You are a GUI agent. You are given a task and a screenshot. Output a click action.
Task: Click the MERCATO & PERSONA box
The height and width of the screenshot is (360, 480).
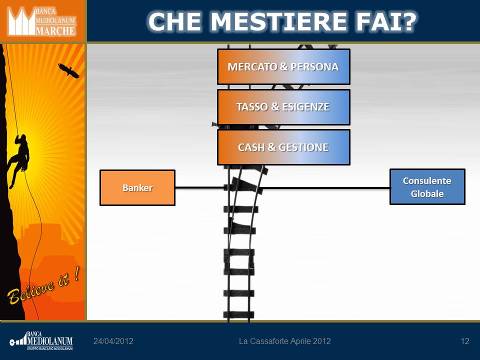(x=283, y=66)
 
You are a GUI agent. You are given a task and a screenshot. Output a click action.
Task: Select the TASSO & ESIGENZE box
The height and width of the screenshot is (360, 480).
(x=283, y=107)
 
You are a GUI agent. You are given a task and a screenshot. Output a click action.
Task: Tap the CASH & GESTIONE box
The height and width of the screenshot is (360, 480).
(x=283, y=147)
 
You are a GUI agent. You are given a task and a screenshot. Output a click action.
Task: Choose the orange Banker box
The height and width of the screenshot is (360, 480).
(x=137, y=187)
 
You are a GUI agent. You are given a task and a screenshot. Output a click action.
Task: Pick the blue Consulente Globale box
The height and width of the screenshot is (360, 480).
(x=427, y=186)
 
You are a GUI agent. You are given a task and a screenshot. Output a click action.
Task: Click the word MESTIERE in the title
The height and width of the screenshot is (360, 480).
(x=279, y=21)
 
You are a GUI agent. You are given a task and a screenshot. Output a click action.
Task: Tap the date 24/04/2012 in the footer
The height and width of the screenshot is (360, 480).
(x=113, y=341)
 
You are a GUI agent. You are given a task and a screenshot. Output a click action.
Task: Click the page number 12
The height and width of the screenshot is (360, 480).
(x=464, y=341)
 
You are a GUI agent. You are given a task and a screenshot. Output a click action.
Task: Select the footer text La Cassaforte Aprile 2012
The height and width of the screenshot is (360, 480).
(x=284, y=341)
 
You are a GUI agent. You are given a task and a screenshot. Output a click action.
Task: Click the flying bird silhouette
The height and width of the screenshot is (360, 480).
(x=68, y=70)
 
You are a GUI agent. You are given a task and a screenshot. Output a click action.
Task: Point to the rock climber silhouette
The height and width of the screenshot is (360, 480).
(x=19, y=160)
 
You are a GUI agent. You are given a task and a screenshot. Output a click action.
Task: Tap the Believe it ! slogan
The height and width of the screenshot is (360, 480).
(x=43, y=285)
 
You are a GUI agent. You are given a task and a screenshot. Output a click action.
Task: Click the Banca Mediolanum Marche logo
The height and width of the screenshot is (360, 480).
(x=42, y=21)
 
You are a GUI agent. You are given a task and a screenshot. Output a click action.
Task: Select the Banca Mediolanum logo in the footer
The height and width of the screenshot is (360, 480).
(x=41, y=341)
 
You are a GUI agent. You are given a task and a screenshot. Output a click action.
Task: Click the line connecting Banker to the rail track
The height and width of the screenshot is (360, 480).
(x=200, y=187)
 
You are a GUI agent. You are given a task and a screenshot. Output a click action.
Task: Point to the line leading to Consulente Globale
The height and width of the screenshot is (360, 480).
(x=326, y=187)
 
